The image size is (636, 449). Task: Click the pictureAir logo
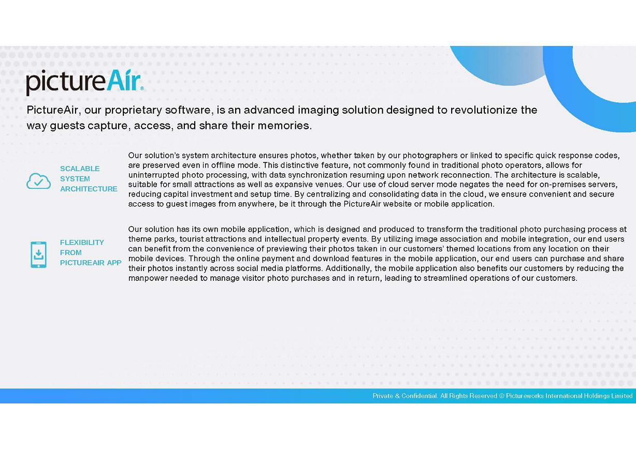tap(84, 82)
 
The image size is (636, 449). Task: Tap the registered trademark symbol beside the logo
tap(142, 88)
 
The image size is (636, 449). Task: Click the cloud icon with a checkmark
tap(39, 181)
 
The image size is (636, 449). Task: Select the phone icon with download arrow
tap(38, 255)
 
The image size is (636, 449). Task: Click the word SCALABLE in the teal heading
tap(80, 169)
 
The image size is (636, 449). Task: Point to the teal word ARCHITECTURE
tap(89, 189)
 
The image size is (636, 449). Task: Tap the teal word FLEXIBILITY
tap(82, 243)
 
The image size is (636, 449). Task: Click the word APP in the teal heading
tap(114, 263)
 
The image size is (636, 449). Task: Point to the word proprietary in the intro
tap(133, 110)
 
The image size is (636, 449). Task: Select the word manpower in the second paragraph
tap(148, 278)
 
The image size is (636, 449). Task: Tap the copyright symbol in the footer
tap(501, 396)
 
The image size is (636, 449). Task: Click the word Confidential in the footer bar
tap(419, 396)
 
